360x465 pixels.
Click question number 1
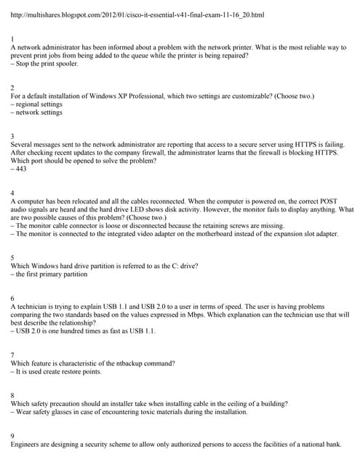tap(12, 39)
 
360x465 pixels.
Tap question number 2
tap(12, 88)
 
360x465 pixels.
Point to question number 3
tap(12, 137)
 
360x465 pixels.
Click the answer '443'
tap(20, 169)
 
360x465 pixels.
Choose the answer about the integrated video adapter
tap(175, 234)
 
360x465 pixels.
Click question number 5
tap(12, 258)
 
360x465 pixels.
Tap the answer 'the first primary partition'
tap(50, 275)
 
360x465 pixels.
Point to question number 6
tap(12, 299)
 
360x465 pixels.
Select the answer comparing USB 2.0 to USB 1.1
tap(84, 331)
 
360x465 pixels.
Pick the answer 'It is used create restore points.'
tap(57, 371)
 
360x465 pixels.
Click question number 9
tap(12, 436)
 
